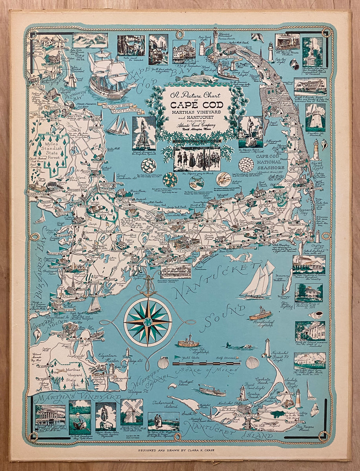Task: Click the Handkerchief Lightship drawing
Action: coord(260,314)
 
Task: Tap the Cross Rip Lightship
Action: coord(188,341)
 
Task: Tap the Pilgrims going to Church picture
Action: coord(197,159)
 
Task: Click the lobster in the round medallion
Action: coord(223,179)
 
